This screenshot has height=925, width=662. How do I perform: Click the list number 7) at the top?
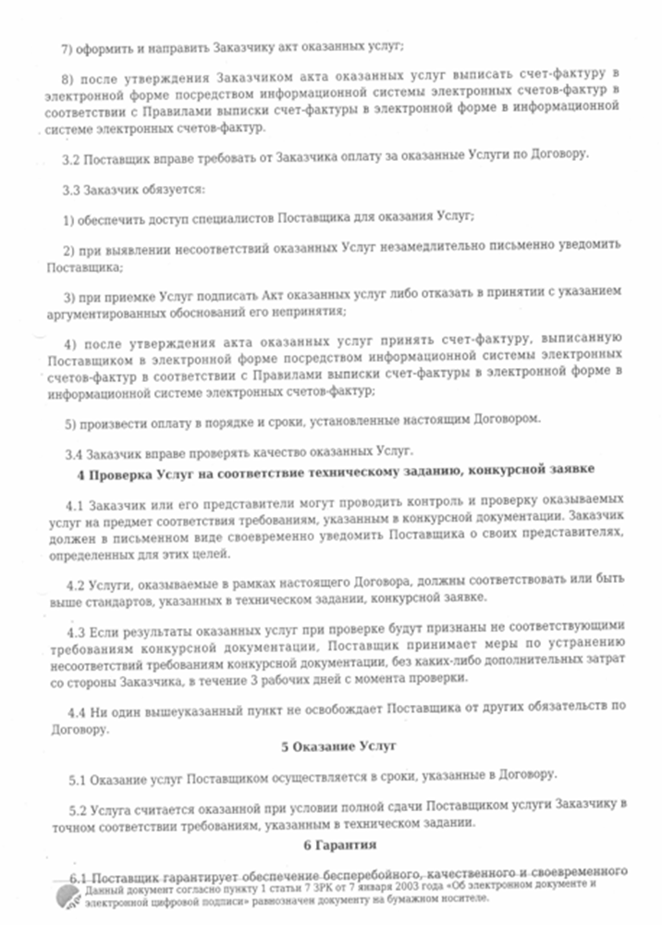pos(67,46)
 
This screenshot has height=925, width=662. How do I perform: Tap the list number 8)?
pos(67,72)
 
